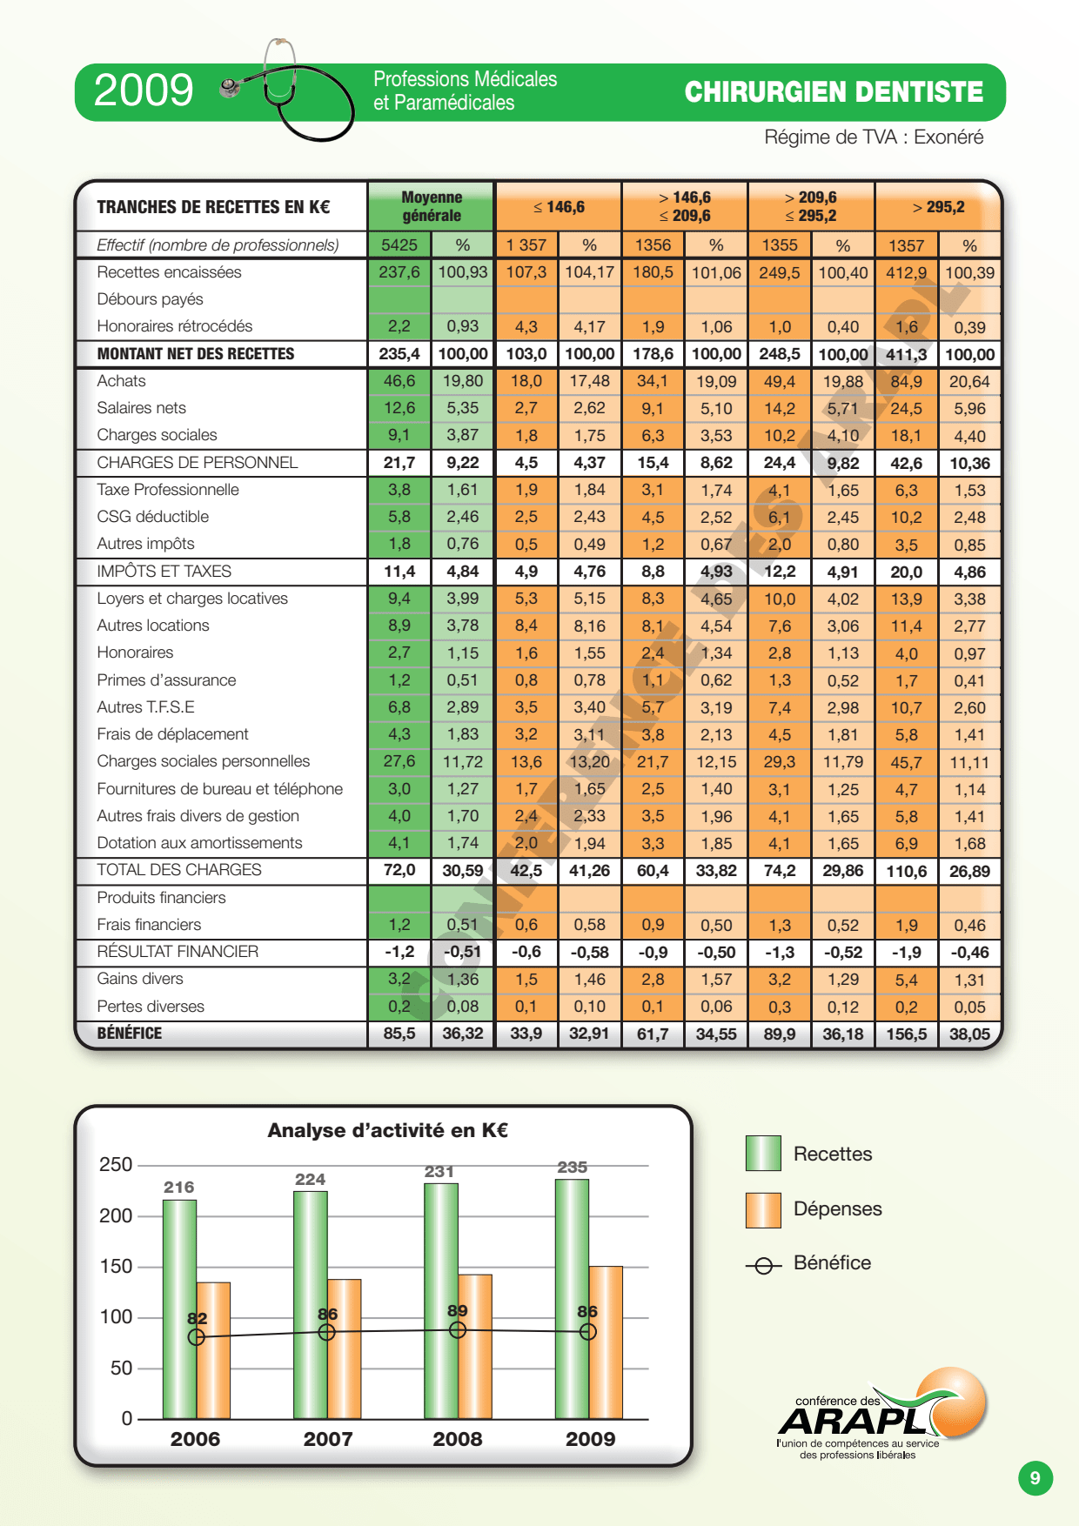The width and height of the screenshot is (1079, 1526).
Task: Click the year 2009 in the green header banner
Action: point(144,90)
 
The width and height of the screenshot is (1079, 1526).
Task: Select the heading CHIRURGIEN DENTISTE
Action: point(834,92)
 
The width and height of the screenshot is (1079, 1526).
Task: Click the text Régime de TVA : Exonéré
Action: point(874,137)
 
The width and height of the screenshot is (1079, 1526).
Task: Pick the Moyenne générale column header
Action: point(432,206)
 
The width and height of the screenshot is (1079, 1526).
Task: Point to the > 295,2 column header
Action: point(938,207)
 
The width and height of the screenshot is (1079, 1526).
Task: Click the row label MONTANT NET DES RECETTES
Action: point(196,354)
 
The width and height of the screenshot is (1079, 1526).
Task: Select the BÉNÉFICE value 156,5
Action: point(906,1034)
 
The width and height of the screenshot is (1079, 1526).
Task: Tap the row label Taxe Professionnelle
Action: point(168,490)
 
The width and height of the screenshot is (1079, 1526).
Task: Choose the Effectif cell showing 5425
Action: point(399,245)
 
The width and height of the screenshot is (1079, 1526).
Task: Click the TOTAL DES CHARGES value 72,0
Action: point(399,870)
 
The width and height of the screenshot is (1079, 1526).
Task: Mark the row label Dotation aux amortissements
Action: point(199,843)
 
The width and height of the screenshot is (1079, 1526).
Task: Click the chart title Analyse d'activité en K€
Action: point(387,1130)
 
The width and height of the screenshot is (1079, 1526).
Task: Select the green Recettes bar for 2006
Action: point(179,1309)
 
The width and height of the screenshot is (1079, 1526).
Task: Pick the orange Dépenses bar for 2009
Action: point(606,1342)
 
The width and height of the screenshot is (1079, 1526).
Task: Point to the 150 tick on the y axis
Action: point(116,1267)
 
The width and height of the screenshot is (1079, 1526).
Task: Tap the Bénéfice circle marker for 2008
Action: point(458,1329)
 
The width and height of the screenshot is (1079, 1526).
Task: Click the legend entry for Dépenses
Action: point(814,1209)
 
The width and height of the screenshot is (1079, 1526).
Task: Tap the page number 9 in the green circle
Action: point(1035,1477)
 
